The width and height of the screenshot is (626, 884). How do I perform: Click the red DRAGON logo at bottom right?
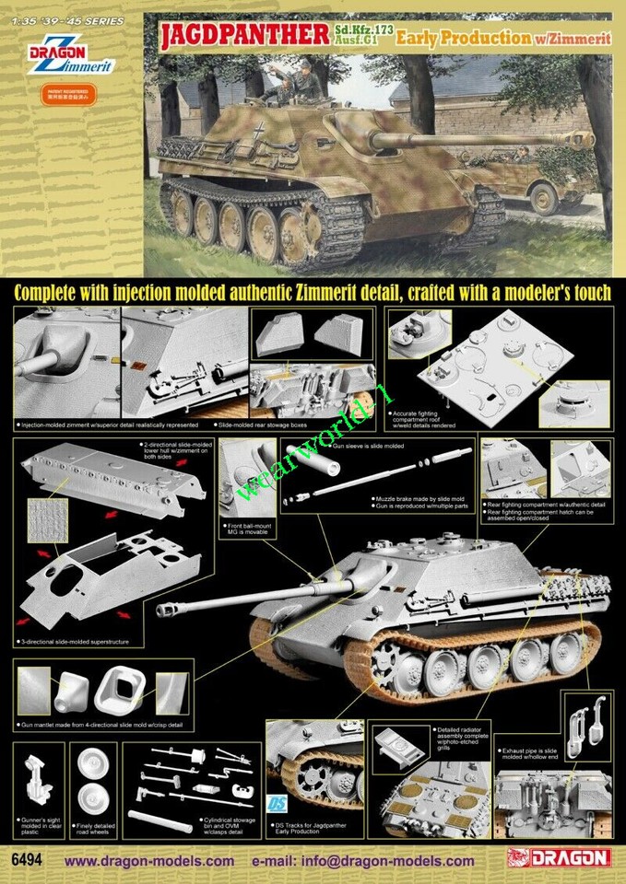click(559, 858)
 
